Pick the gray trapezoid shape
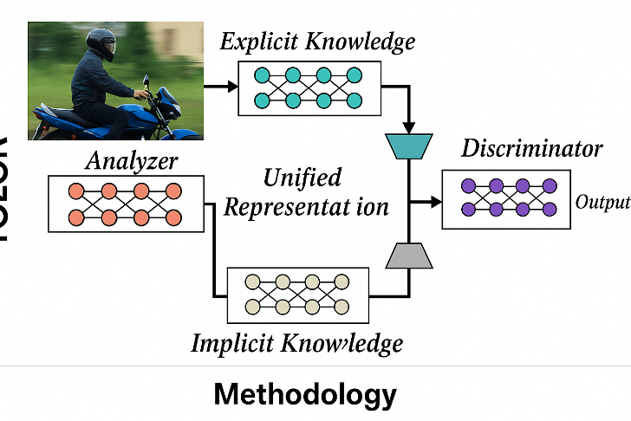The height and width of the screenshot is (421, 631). point(408,255)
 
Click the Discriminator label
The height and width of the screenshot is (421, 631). point(531,148)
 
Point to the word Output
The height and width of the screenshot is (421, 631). point(602,204)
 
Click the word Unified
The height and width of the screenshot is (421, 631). point(302,178)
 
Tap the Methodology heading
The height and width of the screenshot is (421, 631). point(305,395)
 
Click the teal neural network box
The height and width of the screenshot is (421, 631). point(309,87)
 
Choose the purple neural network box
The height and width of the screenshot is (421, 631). point(507,198)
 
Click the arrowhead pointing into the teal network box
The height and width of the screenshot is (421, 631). point(231,87)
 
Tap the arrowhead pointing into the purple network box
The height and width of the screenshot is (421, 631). point(434,203)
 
